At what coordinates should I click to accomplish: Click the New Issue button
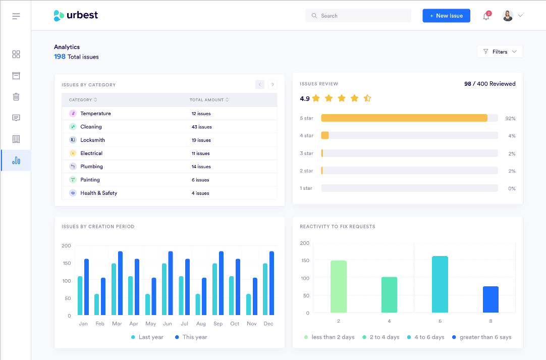[446, 16]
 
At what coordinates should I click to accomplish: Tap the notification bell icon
[486, 16]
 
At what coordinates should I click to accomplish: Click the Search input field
[358, 16]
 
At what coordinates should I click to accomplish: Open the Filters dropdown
[500, 52]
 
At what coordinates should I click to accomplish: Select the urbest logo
[76, 16]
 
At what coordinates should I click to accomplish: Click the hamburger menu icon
[16, 16]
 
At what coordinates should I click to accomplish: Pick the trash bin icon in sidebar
[16, 97]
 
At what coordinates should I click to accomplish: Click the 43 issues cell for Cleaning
[201, 127]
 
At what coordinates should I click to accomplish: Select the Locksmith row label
[92, 140]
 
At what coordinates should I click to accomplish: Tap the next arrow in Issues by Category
[272, 85]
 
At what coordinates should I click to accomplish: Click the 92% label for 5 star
[511, 119]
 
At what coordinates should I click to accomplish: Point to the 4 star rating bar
[409, 135]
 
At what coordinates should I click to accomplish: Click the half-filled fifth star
[367, 98]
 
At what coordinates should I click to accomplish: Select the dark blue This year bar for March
[120, 283]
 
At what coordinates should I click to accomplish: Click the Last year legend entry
[147, 337]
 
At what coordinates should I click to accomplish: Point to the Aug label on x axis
[201, 324]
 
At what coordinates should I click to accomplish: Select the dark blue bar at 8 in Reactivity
[490, 299]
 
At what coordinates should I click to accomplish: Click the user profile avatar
[508, 16]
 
